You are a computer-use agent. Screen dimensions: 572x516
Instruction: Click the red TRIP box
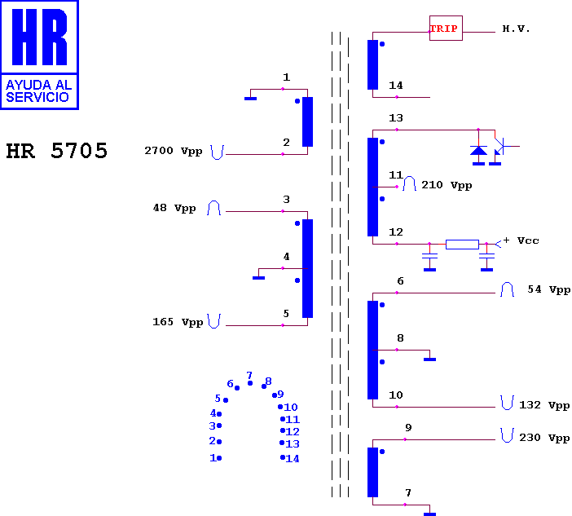click(446, 28)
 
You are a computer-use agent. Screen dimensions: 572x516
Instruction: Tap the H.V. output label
click(516, 29)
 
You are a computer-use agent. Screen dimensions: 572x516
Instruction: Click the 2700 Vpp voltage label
click(174, 151)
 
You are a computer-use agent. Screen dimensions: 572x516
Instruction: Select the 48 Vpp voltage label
click(174, 208)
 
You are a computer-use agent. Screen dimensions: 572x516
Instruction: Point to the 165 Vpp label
click(178, 322)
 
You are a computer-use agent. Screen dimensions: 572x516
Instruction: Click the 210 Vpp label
click(447, 185)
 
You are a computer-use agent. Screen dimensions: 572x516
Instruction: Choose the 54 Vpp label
click(548, 289)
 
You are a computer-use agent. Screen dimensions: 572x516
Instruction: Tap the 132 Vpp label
click(544, 405)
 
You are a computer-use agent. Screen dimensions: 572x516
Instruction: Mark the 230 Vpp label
click(544, 438)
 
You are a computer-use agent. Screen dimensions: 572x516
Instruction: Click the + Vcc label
click(521, 240)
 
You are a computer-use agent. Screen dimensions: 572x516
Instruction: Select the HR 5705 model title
click(57, 151)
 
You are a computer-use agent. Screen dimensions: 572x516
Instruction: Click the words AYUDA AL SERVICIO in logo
click(37, 90)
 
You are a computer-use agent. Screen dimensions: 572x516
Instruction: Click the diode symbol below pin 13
click(478, 151)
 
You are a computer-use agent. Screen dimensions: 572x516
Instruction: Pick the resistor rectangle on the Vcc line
click(462, 244)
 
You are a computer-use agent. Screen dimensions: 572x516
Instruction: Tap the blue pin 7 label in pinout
click(249, 375)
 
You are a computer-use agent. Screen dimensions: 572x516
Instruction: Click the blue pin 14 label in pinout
click(293, 459)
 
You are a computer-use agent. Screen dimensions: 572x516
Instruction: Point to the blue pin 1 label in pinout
click(213, 457)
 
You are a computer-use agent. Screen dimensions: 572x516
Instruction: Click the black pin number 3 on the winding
click(286, 199)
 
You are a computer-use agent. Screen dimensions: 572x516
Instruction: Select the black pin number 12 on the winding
click(396, 232)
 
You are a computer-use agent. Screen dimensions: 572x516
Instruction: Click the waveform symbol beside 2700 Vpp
click(217, 152)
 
